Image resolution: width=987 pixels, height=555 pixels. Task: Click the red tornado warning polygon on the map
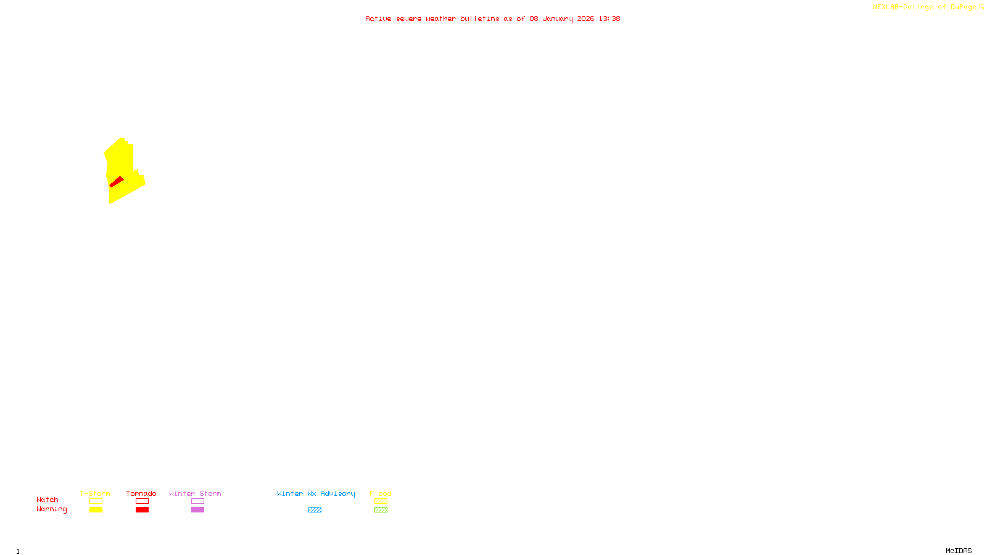(116, 182)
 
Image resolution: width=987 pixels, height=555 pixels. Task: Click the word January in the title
(557, 18)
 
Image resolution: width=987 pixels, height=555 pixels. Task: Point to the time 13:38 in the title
(609, 18)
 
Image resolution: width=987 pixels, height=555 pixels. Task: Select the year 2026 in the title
(585, 18)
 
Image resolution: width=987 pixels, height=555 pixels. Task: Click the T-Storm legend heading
(95, 493)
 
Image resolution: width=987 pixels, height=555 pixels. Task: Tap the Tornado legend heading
(141, 493)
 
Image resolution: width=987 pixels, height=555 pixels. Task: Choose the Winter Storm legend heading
(195, 493)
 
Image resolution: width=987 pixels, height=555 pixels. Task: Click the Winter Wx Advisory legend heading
(316, 493)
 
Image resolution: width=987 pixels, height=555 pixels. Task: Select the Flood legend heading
(381, 493)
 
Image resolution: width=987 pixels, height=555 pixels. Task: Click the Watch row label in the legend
(47, 499)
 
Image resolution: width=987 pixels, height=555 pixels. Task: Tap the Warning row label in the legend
(52, 509)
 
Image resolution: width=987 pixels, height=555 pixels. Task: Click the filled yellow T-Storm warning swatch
(96, 510)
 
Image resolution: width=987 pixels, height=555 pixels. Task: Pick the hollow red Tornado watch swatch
(142, 501)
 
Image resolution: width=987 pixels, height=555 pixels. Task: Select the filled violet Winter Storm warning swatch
(197, 510)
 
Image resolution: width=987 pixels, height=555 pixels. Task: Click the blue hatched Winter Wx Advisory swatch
(315, 510)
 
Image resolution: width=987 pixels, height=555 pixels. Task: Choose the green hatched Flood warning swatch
(381, 510)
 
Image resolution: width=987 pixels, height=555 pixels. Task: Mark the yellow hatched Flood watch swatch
(381, 501)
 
